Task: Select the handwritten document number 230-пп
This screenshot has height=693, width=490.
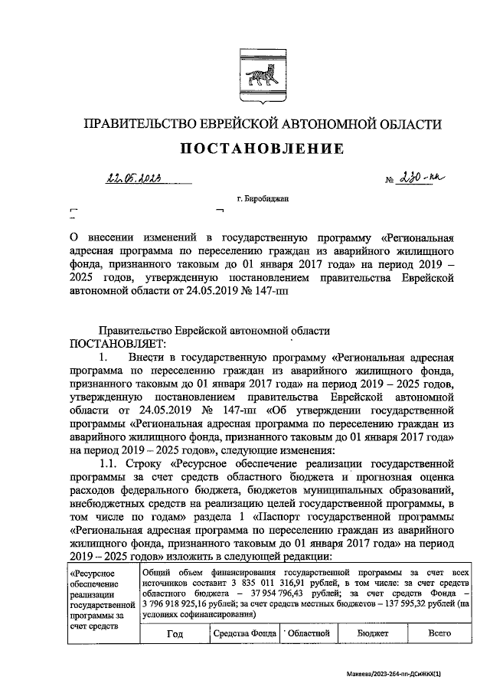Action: tap(422, 179)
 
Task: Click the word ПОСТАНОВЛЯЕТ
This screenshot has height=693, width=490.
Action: tap(110, 342)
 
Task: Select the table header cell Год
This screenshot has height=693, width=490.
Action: tap(175, 633)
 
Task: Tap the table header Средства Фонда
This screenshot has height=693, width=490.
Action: tap(244, 633)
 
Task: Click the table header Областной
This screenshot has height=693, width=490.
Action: tap(308, 633)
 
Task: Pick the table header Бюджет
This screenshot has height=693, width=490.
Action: tap(373, 633)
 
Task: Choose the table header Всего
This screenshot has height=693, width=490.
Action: tap(439, 633)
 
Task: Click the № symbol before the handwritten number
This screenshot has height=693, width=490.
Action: tap(388, 181)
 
